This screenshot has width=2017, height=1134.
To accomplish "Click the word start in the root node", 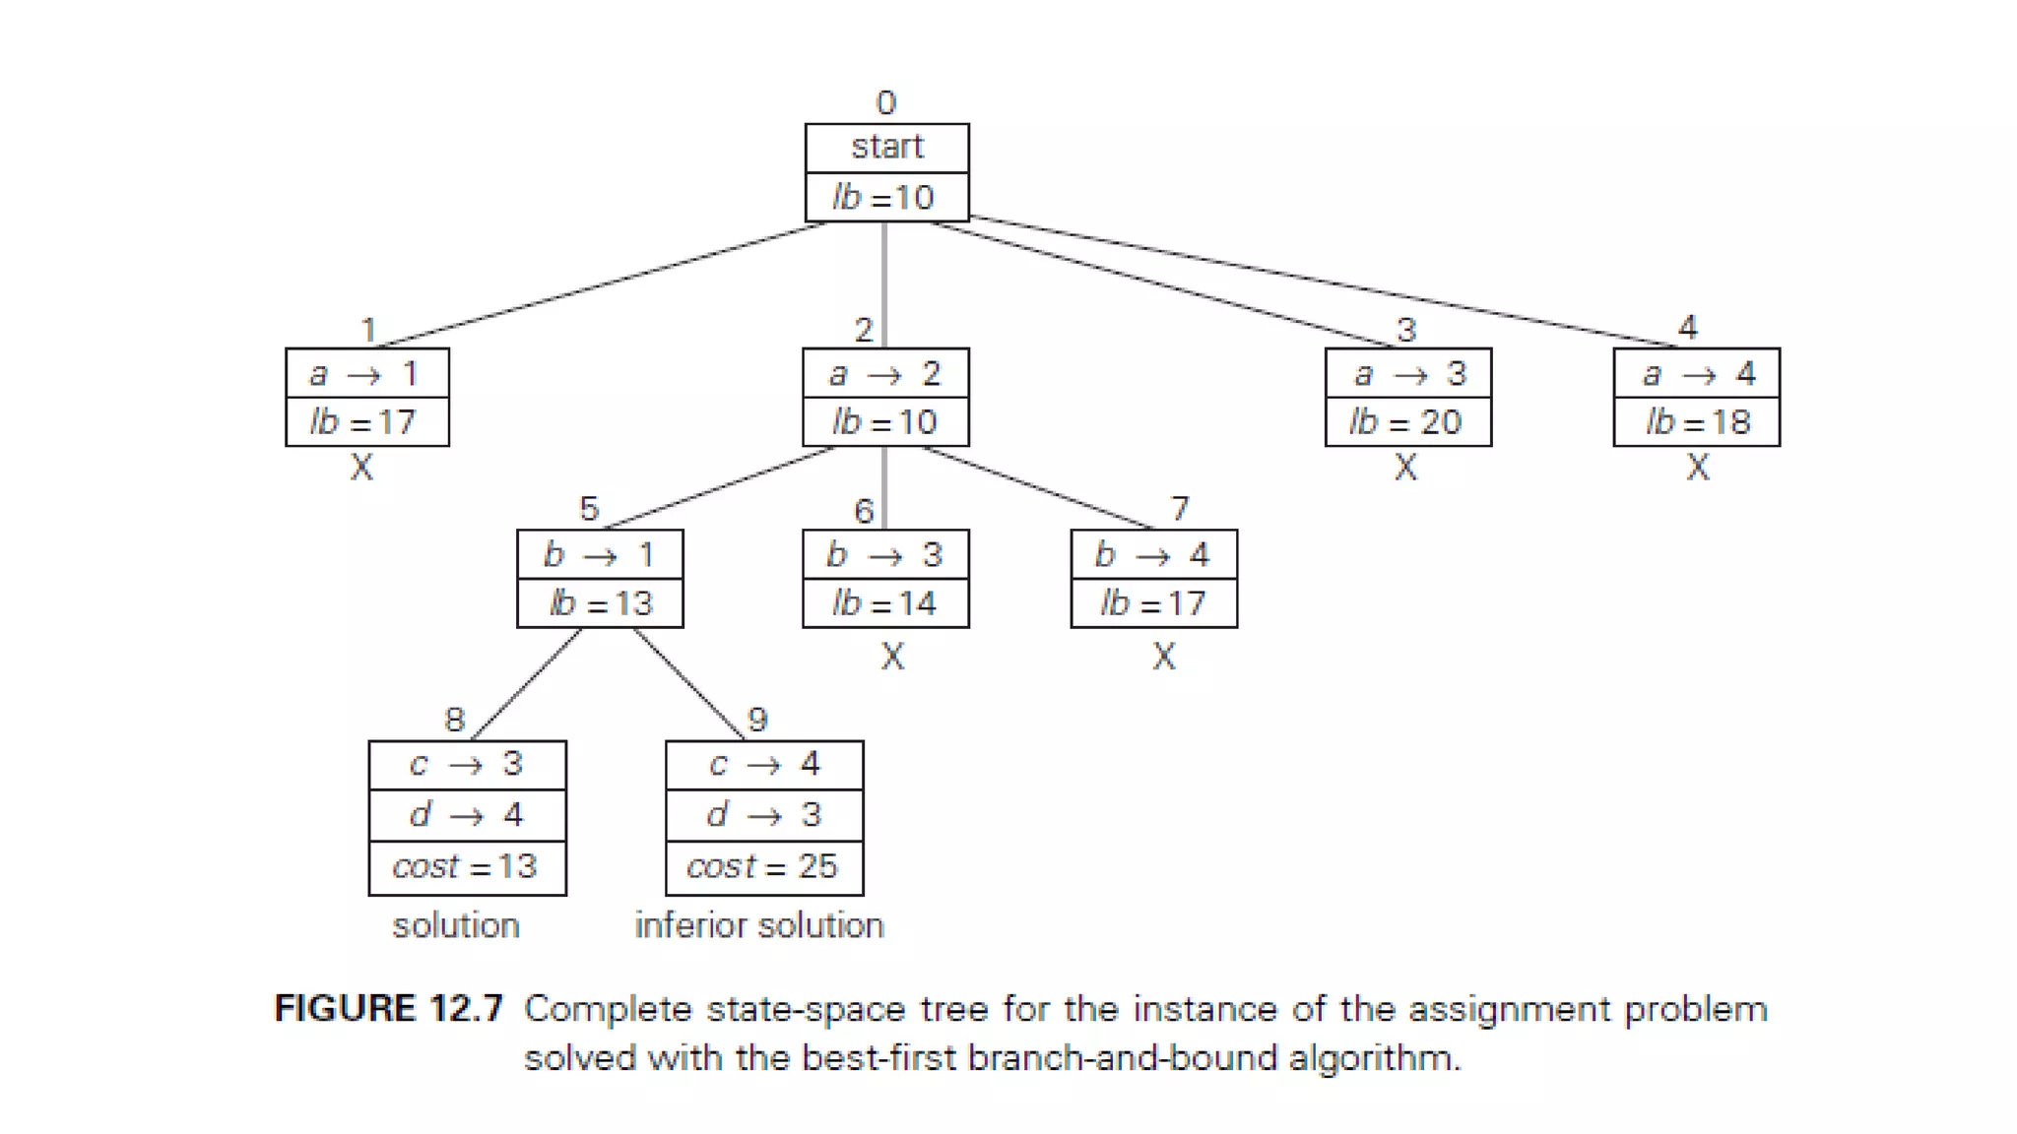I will (886, 148).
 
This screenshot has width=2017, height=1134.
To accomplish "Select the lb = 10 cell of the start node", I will (885, 198).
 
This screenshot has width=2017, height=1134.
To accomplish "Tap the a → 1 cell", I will (366, 374).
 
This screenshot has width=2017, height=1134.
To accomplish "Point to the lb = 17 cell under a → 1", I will (366, 422).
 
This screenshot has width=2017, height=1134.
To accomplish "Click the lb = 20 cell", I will (1407, 422).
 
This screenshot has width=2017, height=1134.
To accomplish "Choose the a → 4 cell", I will (1696, 374).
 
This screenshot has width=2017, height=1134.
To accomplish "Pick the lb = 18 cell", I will (1696, 422).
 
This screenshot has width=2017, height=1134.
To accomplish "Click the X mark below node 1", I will (362, 468).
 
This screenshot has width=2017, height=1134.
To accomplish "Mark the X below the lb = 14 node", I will (892, 657).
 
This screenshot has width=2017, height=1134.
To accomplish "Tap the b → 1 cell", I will (600, 555).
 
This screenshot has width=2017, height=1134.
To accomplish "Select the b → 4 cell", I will (1153, 555).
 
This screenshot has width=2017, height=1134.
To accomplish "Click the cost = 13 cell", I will (467, 867).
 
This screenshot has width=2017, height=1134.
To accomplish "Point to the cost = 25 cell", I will (763, 867).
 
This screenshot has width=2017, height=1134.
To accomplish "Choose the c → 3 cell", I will (467, 765).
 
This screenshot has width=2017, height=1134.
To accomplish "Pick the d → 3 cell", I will (763, 816).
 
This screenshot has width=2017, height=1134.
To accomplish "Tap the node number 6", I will (864, 511).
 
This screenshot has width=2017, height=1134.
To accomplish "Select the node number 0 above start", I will (886, 103).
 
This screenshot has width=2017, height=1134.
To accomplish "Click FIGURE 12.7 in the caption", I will (389, 1010).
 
